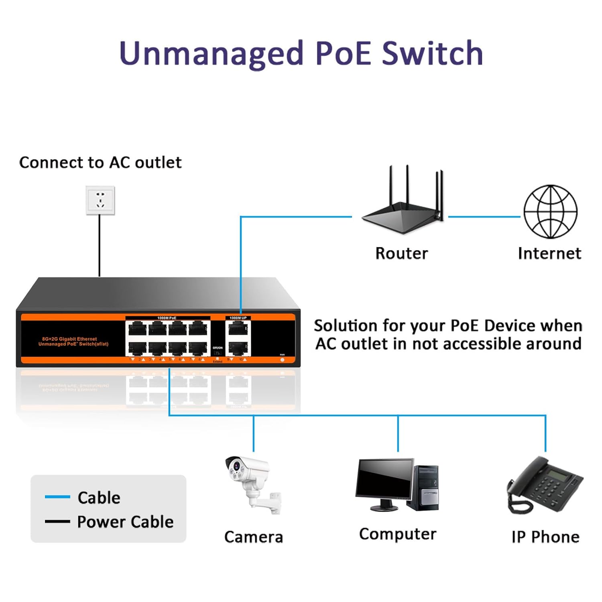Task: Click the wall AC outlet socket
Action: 100,200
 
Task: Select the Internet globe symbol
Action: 550,212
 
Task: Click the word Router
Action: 401,254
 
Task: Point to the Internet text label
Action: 549,254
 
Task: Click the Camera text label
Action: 253,537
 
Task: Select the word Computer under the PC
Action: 397,534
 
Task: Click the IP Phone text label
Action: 545,537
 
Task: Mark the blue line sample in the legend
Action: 57,497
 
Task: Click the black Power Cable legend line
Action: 57,521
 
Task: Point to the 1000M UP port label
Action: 238,318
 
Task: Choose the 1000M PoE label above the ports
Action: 167,318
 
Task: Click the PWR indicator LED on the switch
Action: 282,360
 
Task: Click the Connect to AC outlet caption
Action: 100,163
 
